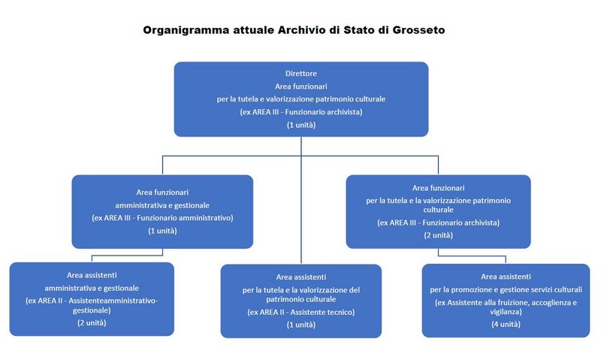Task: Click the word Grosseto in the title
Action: click(x=418, y=30)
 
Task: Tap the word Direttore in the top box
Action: click(x=301, y=73)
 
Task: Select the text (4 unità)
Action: click(x=506, y=325)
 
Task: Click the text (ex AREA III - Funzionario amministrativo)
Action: click(x=162, y=218)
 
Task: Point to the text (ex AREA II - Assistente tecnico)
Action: click(x=301, y=312)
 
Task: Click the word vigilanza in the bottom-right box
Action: click(x=506, y=312)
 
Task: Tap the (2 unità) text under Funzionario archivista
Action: click(x=439, y=235)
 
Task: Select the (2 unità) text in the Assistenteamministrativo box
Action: click(x=92, y=323)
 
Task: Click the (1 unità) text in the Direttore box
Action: click(x=301, y=125)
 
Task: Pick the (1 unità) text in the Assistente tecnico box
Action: click(x=301, y=325)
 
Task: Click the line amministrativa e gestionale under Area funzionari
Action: click(x=162, y=205)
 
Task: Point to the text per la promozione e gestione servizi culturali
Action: click(x=506, y=289)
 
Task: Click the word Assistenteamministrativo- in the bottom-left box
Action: click(x=113, y=301)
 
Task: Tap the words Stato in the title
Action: click(x=359, y=30)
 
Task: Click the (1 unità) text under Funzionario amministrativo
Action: click(x=162, y=231)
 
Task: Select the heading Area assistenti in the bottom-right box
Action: click(x=506, y=277)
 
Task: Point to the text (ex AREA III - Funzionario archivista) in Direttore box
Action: click(x=301, y=112)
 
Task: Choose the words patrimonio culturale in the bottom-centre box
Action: click(x=301, y=299)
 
